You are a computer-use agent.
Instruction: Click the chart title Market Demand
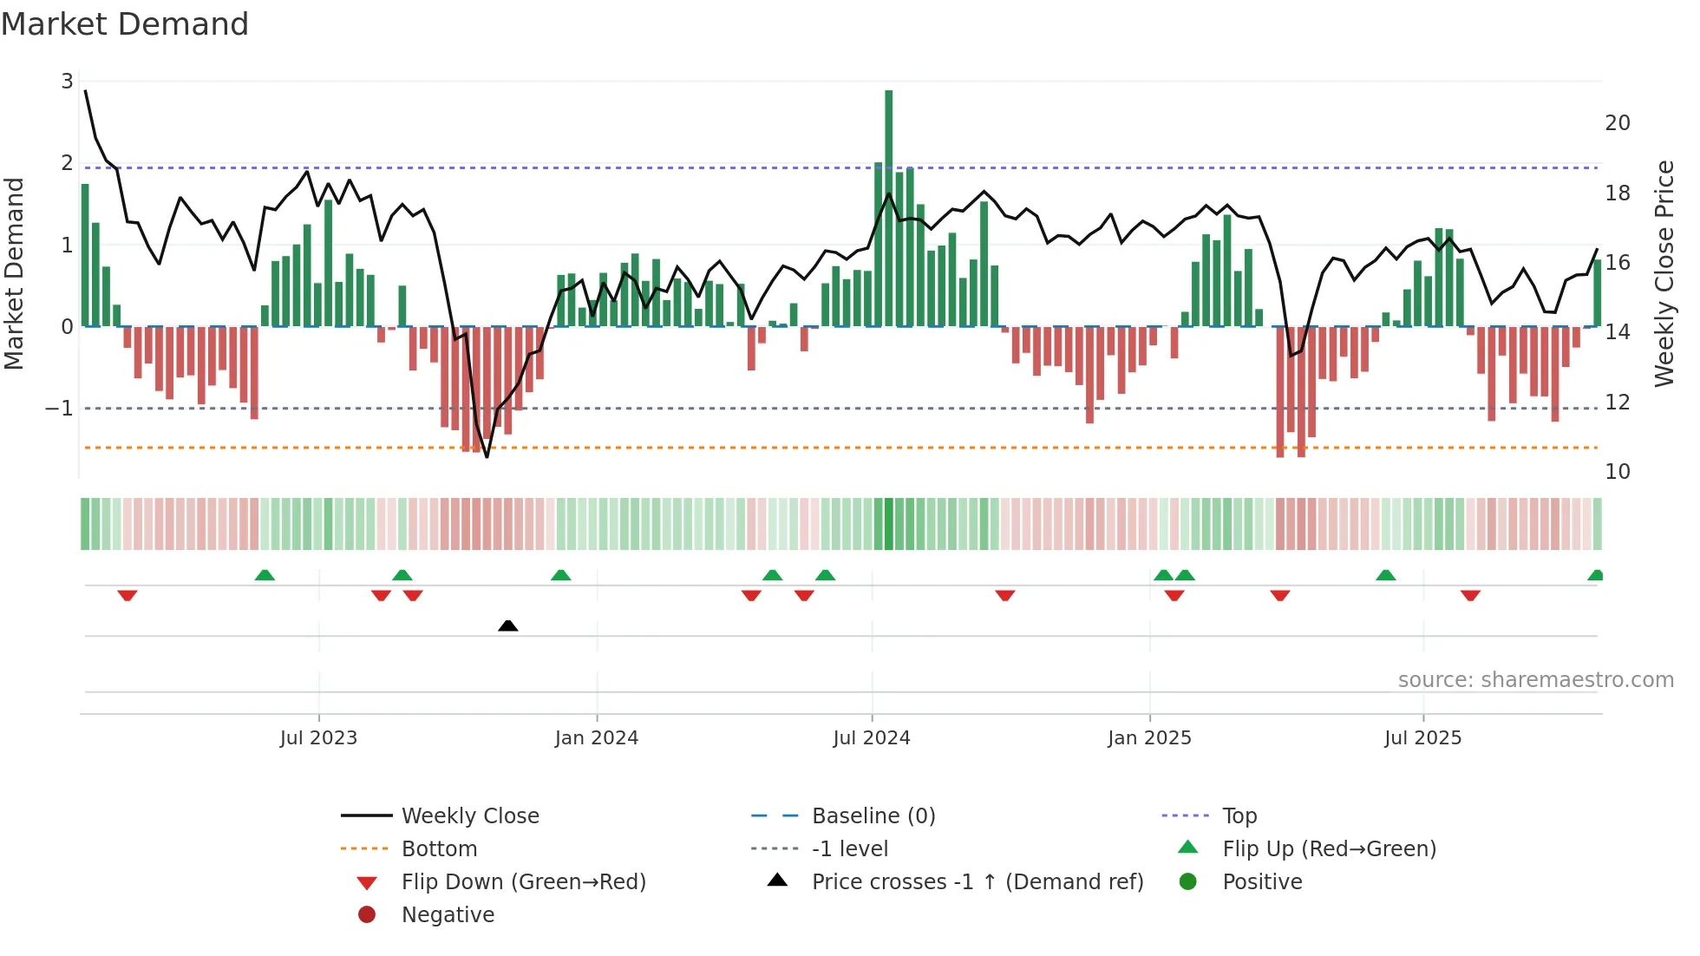click(x=125, y=24)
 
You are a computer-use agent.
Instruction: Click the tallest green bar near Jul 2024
click(x=888, y=208)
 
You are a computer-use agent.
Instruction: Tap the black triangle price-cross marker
click(x=508, y=625)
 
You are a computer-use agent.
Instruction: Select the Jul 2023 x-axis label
click(x=318, y=738)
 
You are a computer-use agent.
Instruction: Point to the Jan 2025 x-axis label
click(x=1149, y=738)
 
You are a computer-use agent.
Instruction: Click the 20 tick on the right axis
click(x=1617, y=123)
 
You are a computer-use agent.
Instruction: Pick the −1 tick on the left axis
click(x=59, y=408)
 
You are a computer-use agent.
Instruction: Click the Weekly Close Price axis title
click(x=1664, y=273)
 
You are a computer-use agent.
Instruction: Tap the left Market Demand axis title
click(x=14, y=273)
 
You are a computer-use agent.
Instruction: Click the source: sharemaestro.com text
click(x=1535, y=680)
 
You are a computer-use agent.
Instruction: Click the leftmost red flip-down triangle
click(x=127, y=595)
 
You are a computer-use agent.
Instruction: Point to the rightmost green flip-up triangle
click(x=1595, y=575)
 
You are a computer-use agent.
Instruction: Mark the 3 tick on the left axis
click(x=67, y=82)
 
